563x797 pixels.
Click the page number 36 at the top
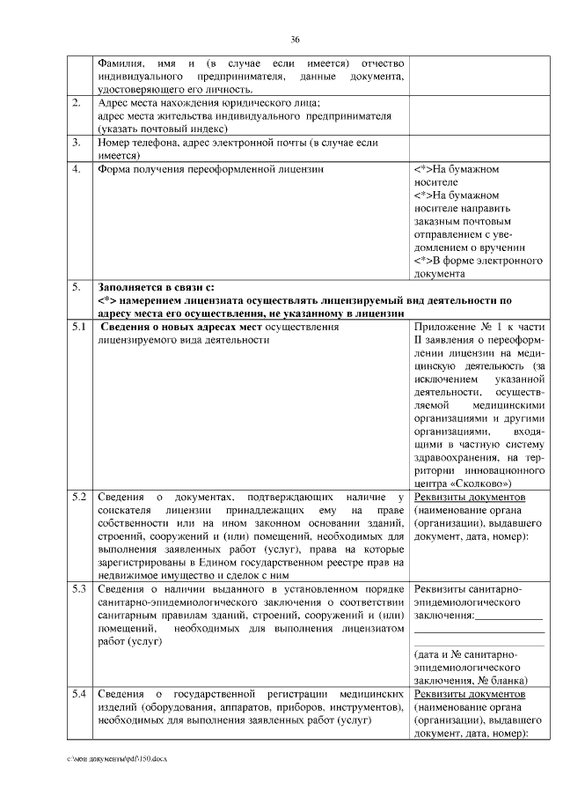[296, 40]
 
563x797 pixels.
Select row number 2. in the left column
[77, 103]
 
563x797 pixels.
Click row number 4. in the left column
[77, 167]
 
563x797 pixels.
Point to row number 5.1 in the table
[79, 328]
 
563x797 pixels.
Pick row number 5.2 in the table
[79, 498]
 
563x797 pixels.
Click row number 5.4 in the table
[79, 695]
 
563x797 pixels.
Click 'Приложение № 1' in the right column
[455, 328]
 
